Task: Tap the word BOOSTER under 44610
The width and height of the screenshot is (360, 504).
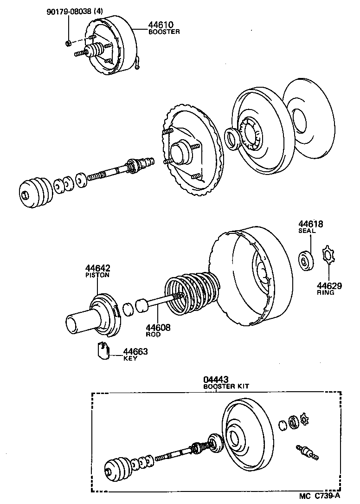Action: (x=164, y=32)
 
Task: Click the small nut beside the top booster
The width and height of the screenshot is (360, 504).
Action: (x=68, y=43)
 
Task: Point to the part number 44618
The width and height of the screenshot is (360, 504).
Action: (x=310, y=224)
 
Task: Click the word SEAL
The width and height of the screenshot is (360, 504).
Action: (x=307, y=231)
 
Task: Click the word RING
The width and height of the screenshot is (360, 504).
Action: (x=326, y=292)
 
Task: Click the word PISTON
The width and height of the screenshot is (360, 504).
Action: (x=97, y=275)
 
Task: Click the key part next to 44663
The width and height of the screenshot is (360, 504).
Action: (x=103, y=350)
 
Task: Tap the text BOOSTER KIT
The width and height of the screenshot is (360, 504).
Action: (x=223, y=387)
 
